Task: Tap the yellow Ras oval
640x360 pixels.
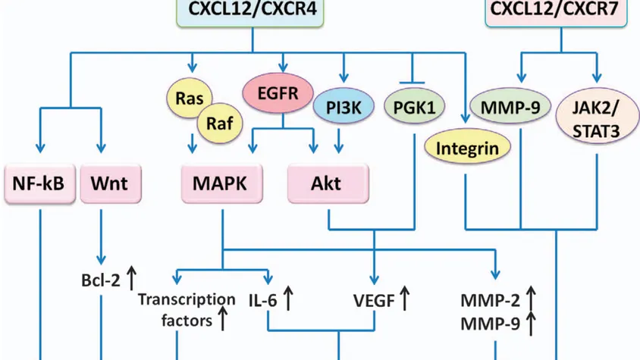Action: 189,98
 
